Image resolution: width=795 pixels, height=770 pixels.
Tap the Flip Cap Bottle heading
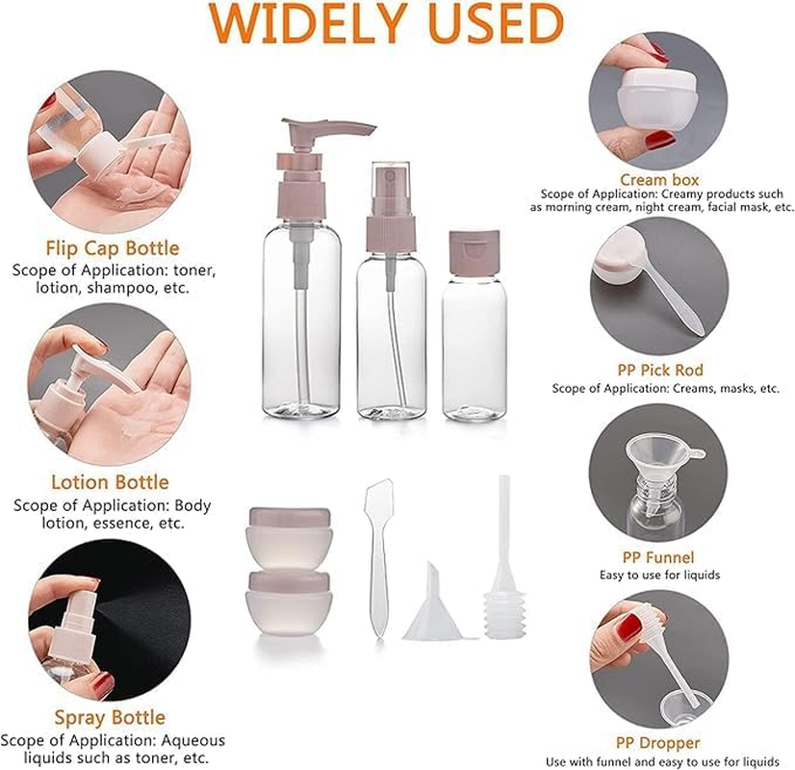113,249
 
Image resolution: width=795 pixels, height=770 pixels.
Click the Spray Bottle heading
110,717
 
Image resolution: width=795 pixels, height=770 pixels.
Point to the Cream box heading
659,180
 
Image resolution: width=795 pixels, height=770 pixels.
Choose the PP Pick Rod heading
659,371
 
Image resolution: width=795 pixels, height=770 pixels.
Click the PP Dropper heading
659,742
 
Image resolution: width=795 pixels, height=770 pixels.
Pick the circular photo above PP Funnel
658,476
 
